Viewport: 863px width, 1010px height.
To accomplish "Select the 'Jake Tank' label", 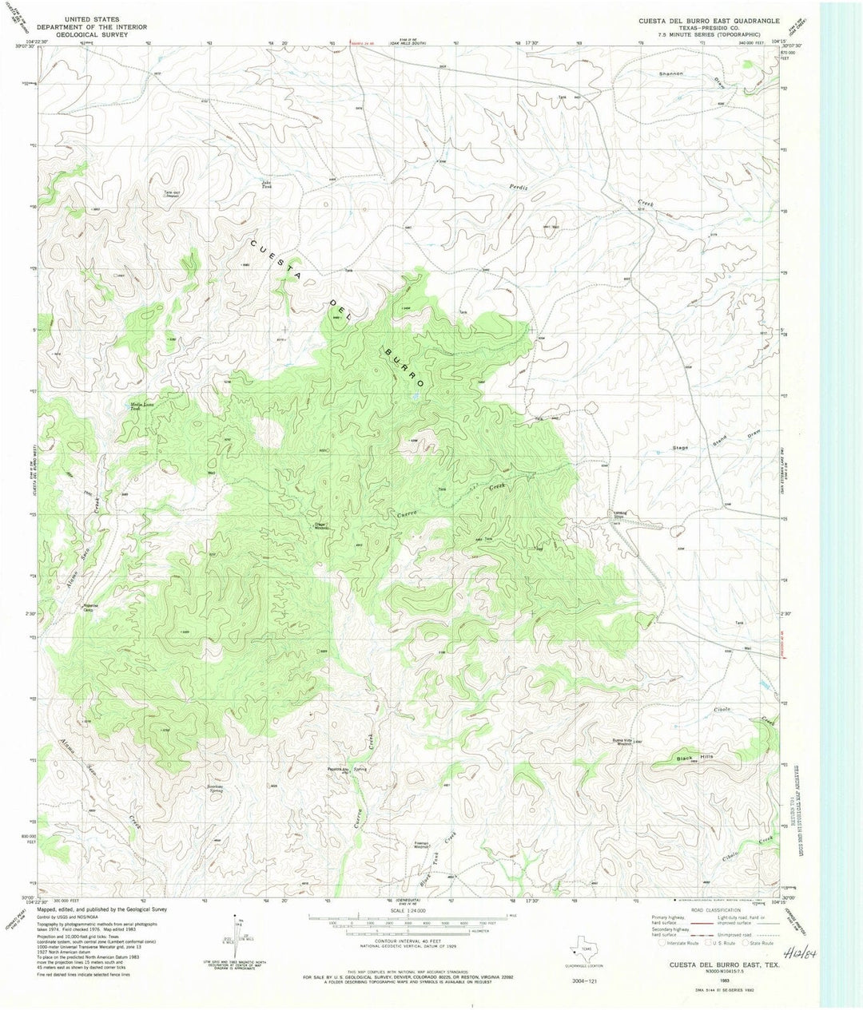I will (x=267, y=184).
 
